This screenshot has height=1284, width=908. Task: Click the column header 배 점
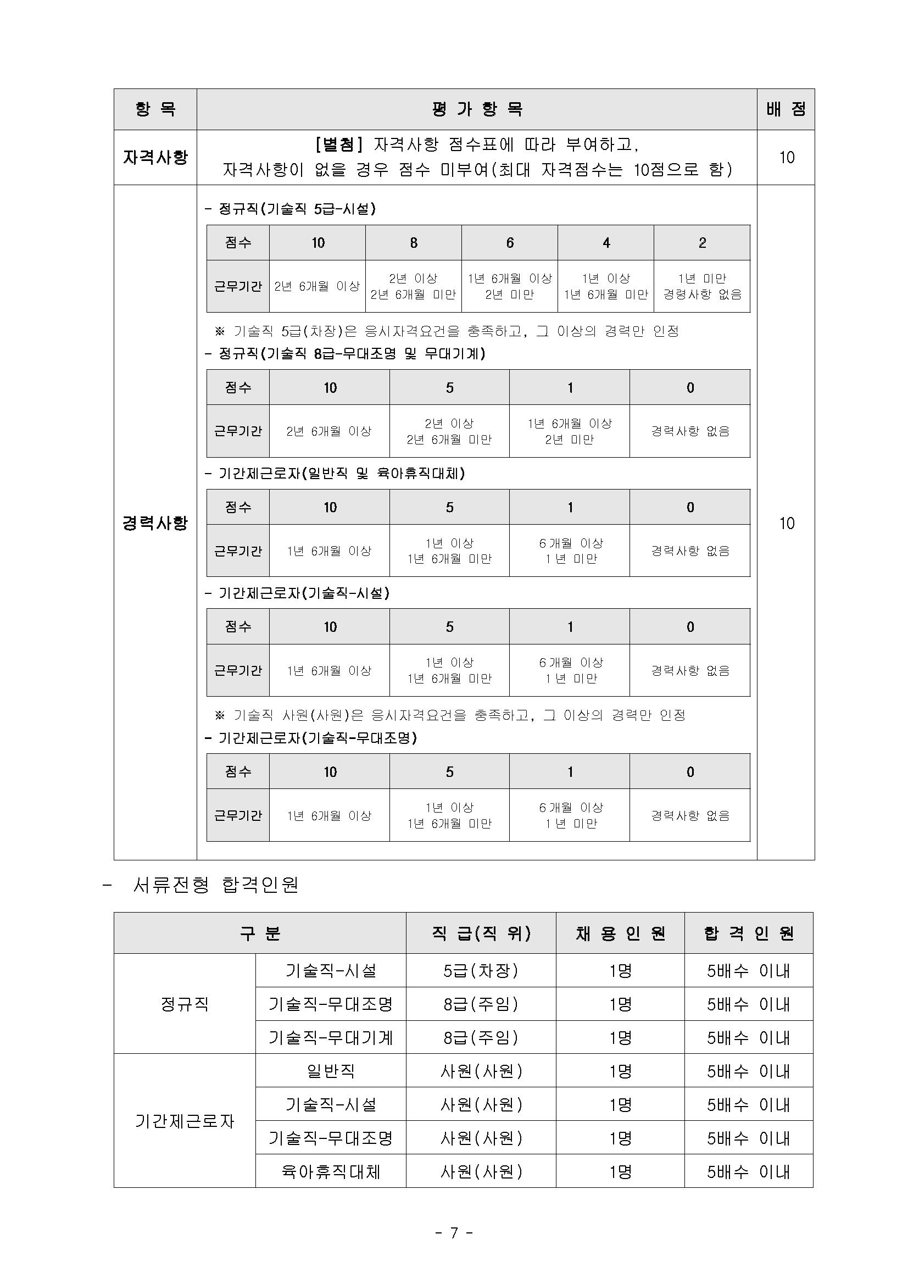tap(786, 109)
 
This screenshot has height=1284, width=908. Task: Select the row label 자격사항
tap(155, 157)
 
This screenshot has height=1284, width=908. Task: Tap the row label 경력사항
tap(155, 523)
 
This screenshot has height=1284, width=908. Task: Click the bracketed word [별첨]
tap(339, 145)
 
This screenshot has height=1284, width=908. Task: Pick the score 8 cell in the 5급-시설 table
tap(413, 243)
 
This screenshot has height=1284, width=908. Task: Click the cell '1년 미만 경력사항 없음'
tap(701, 286)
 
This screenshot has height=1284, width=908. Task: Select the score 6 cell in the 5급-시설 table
tap(509, 243)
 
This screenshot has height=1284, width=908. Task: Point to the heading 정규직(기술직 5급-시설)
tap(290, 209)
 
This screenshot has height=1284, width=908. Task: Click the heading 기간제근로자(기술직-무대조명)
tap(311, 738)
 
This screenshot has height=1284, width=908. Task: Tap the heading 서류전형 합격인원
tap(215, 885)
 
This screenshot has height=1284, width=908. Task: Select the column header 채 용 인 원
tap(620, 933)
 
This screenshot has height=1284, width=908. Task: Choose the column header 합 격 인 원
tap(749, 933)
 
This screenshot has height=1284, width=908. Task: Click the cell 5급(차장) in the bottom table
tap(481, 970)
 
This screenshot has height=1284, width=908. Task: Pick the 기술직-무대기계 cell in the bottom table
tap(331, 1037)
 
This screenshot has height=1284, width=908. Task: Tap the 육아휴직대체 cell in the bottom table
tap(331, 1171)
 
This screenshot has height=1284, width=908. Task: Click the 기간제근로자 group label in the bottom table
tap(185, 1121)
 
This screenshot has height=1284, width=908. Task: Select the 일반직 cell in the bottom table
tap(331, 1071)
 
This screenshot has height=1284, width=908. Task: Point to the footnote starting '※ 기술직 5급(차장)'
tap(447, 331)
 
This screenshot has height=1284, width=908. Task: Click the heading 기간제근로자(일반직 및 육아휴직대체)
tap(335, 474)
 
